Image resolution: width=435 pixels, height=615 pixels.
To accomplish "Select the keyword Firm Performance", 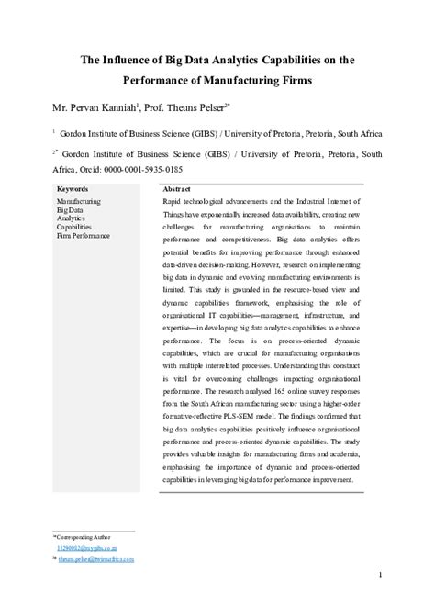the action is (84, 236).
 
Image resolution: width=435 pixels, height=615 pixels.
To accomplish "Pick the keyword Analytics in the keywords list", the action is (71, 218).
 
